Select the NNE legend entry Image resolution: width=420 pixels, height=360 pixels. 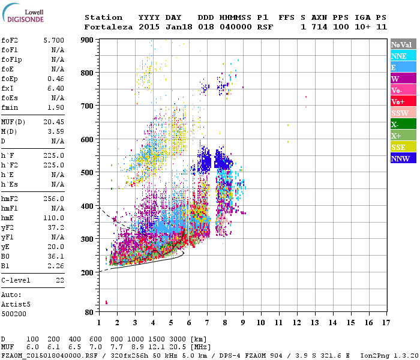(398, 56)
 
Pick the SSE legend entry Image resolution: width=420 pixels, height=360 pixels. (398, 147)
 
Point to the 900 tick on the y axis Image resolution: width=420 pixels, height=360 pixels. (88, 40)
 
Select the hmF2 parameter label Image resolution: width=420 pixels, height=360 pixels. (11, 199)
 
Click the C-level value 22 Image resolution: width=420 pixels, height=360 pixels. (59, 280)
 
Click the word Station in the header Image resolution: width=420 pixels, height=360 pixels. (103, 17)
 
